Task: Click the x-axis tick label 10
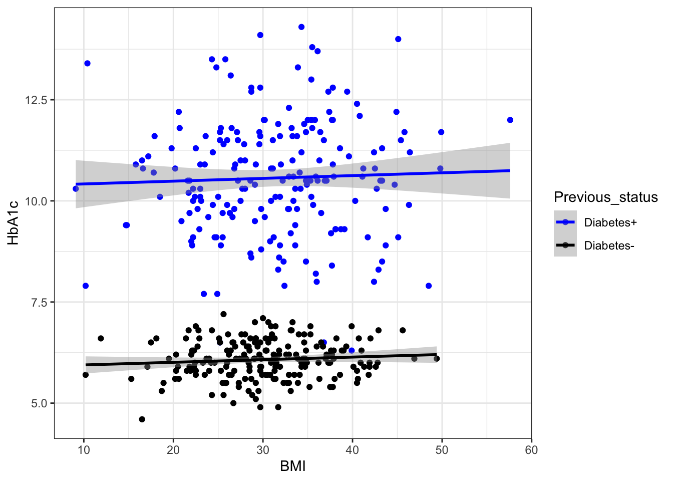(84, 450)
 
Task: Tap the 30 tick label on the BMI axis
(263, 450)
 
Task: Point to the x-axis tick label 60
(531, 450)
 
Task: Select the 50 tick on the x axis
(442, 450)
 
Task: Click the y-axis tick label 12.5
(36, 100)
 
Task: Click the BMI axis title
(292, 466)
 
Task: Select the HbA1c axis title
(14, 222)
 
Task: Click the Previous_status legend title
(605, 197)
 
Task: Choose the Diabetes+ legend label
(610, 222)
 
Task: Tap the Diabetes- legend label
(609, 246)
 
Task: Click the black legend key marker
(565, 246)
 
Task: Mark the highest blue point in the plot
(301, 27)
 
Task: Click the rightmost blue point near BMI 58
(510, 120)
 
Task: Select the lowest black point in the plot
(142, 419)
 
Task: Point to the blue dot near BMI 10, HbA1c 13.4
(87, 64)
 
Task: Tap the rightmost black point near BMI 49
(437, 359)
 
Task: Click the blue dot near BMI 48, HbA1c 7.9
(429, 286)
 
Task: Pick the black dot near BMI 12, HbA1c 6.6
(101, 339)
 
